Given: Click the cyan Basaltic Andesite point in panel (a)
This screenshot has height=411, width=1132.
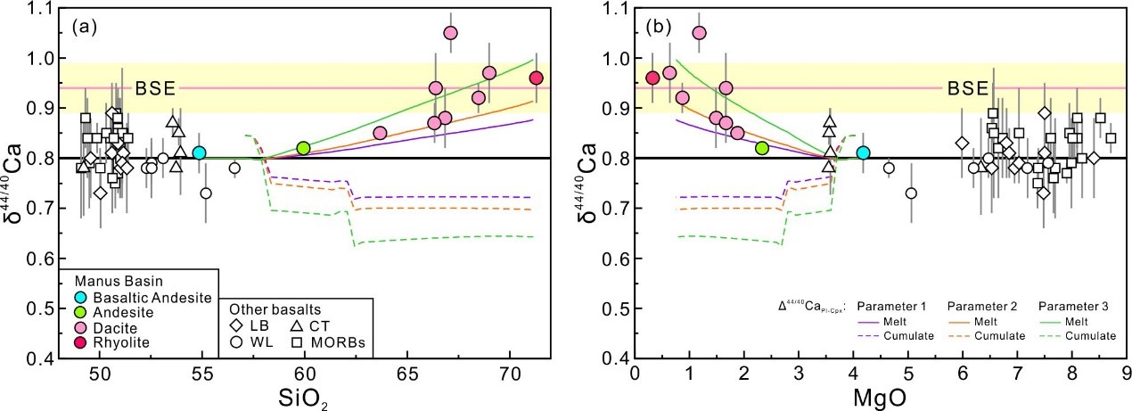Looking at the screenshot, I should click(200, 153).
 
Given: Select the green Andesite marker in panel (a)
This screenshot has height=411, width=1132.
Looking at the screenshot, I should click(303, 148).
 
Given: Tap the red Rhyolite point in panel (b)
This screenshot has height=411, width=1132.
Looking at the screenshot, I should click(652, 78).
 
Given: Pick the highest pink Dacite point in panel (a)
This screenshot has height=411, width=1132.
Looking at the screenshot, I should click(450, 33).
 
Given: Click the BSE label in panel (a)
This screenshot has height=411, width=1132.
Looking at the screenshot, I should click(155, 87).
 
